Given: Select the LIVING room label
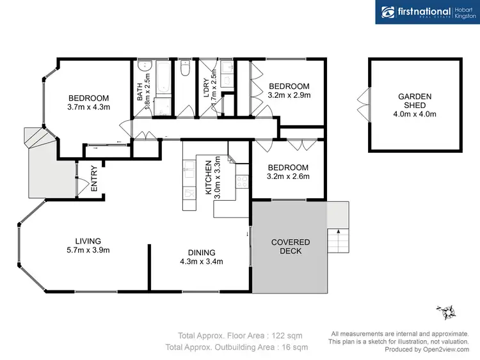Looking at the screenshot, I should [88, 240].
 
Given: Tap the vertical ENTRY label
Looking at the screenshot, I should [94, 179].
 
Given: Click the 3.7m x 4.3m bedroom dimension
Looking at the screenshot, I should [89, 107].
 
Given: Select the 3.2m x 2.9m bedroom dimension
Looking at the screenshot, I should [289, 95].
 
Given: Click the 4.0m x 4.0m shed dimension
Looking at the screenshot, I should [415, 114].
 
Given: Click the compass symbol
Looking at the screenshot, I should [447, 313].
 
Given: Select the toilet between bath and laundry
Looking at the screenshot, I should [186, 67].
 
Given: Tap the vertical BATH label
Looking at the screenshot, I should [140, 90].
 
